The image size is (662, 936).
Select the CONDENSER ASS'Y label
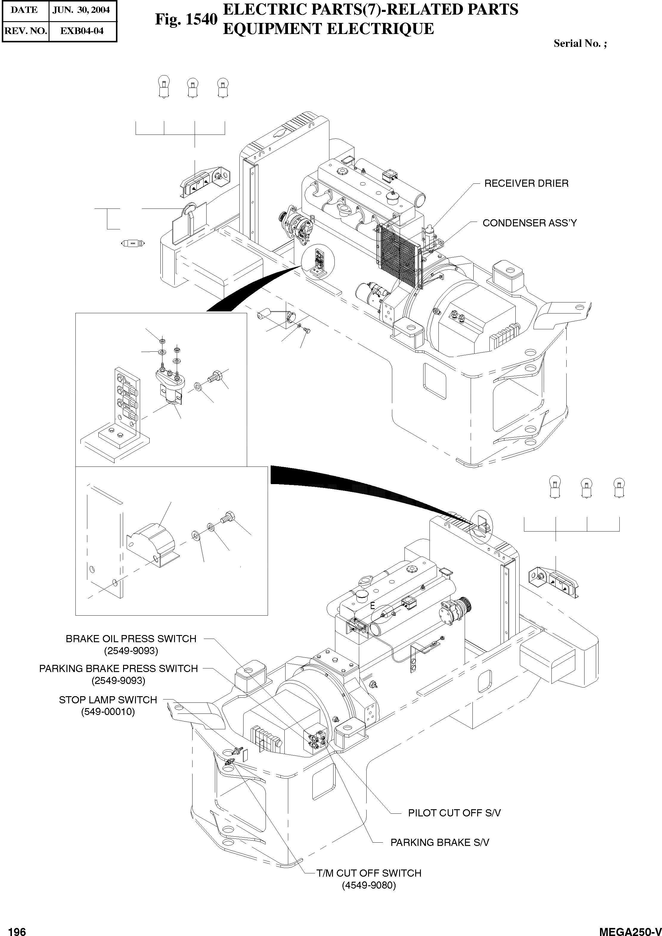coord(530,223)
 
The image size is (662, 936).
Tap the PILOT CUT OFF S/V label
coord(454,813)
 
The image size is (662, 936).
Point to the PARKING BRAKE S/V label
coord(439,843)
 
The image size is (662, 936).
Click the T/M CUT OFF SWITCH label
coord(368,873)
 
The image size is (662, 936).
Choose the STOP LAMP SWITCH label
coord(108,700)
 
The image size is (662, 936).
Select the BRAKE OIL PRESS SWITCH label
coord(131,639)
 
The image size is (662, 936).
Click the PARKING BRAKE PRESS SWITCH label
coord(118,668)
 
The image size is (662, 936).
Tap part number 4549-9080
coord(368,885)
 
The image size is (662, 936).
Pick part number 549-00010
coord(108,712)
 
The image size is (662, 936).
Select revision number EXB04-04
coord(82,31)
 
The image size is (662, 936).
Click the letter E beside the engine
coord(372,606)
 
